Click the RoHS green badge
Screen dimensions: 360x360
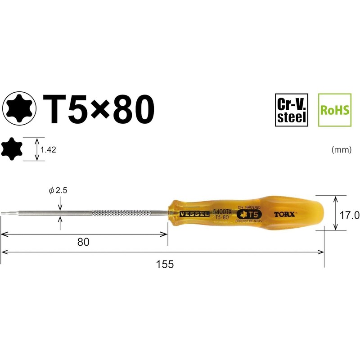(334, 110)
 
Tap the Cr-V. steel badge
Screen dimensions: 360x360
(292, 110)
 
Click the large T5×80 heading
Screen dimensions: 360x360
(98, 109)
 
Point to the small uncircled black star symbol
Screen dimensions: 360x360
(12, 149)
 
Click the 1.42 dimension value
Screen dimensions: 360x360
(48, 150)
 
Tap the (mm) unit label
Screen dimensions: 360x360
(341, 150)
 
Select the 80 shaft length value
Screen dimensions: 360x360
(83, 242)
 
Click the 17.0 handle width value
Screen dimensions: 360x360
(349, 215)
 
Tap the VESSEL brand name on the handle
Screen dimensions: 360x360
(194, 214)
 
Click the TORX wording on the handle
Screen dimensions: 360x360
(284, 215)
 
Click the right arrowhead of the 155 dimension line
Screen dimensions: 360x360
(322, 252)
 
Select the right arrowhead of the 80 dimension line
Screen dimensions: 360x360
(166, 234)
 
